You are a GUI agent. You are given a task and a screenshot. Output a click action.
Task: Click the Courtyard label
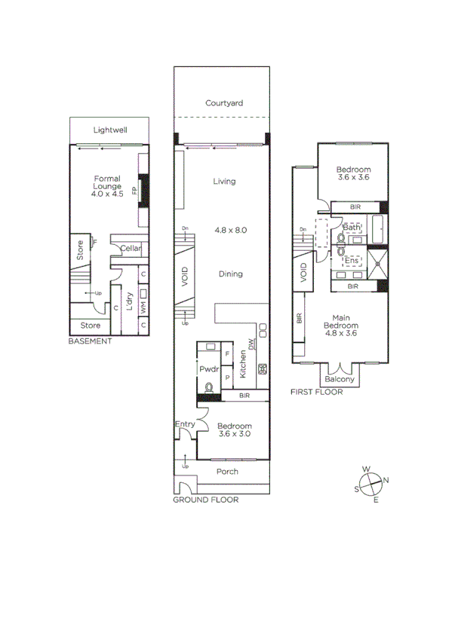pyautogui.click(x=224, y=103)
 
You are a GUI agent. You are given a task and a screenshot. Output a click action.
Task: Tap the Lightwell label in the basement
pyautogui.click(x=110, y=130)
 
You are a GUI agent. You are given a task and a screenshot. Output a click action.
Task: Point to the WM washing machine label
pyautogui.click(x=143, y=298)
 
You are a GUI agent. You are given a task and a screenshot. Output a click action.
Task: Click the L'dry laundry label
pyautogui.click(x=130, y=302)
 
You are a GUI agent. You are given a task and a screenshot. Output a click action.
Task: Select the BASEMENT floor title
pyautogui.click(x=90, y=341)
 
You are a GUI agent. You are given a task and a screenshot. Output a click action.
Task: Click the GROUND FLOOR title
pyautogui.click(x=205, y=500)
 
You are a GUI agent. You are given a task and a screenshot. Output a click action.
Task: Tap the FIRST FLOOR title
pyautogui.click(x=317, y=392)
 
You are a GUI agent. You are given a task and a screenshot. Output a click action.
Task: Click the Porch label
pyautogui.click(x=227, y=472)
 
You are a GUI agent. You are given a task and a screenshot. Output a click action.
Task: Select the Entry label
pyautogui.click(x=185, y=425)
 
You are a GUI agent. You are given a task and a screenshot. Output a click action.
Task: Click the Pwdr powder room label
pyautogui.click(x=208, y=370)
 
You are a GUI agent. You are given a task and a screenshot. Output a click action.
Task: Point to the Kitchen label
pyautogui.click(x=243, y=365)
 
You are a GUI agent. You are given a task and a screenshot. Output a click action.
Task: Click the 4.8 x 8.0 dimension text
pyautogui.click(x=231, y=230)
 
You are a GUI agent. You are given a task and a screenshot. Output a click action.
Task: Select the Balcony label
pyautogui.click(x=340, y=380)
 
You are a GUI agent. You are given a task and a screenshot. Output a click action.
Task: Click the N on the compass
pyautogui.click(x=386, y=481)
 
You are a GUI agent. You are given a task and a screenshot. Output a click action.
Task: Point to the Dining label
pyautogui.click(x=231, y=274)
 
